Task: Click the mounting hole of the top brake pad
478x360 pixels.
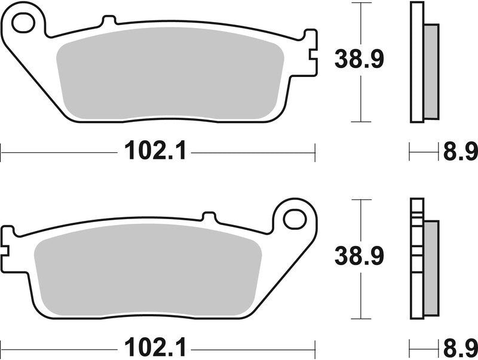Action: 24,23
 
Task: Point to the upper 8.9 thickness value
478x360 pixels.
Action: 459,152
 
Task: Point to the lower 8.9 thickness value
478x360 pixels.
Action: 459,347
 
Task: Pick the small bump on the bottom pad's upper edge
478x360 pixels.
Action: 209,216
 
